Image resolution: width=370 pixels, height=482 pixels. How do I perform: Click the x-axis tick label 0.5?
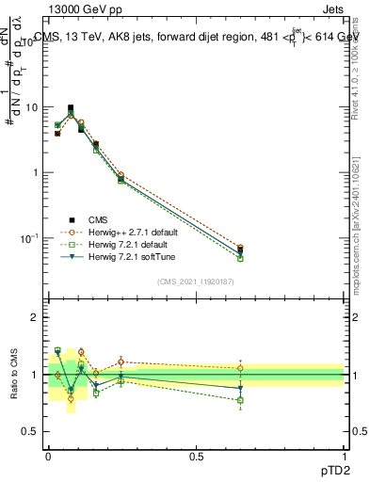[196, 455]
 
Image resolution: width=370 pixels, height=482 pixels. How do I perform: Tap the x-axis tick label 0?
[48, 455]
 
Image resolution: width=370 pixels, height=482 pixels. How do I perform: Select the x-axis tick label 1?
[344, 455]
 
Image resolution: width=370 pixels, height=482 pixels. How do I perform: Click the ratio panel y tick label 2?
[36, 317]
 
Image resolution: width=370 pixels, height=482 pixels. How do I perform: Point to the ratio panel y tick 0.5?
[31, 431]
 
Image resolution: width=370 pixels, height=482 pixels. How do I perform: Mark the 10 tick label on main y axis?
[30, 107]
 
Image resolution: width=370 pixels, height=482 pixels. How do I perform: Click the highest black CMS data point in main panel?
[71, 108]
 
